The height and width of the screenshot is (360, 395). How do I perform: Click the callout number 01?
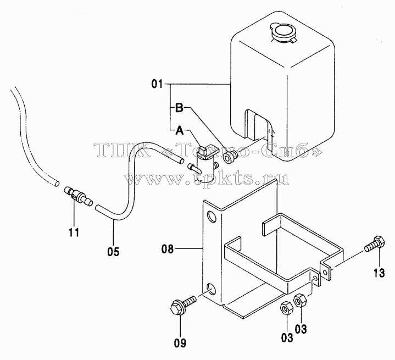157,84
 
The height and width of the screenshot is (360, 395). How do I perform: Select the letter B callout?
179,108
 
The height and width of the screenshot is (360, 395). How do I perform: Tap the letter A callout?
179,130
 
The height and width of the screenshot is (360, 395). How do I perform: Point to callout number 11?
74,232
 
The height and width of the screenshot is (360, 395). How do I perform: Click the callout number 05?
113,251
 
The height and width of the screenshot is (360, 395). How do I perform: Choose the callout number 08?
168,249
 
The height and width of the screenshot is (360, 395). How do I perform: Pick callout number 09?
180,343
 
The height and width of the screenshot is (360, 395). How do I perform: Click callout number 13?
379,273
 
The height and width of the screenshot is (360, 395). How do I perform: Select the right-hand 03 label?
301,329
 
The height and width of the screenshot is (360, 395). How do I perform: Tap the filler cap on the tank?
283,32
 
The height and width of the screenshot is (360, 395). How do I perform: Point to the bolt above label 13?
375,243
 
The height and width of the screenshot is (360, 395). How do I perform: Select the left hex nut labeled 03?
286,308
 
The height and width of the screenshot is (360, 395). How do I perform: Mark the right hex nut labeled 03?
300,301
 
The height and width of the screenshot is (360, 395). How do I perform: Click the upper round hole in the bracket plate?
212,217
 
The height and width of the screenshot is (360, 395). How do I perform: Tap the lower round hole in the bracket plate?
211,289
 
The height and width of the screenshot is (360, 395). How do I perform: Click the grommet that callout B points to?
230,157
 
